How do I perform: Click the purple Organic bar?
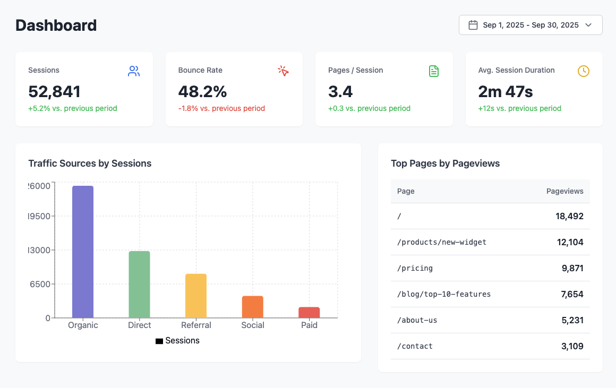[83, 252]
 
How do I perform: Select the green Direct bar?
[139, 284]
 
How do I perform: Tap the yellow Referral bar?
[196, 296]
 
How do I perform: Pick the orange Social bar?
[253, 307]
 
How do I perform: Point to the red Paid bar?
[309, 312]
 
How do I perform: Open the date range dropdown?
[531, 25]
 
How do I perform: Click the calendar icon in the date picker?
[473, 25]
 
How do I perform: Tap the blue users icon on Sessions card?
[134, 71]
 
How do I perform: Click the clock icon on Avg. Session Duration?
[584, 71]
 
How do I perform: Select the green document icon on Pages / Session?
[434, 71]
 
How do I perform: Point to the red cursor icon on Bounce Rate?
[284, 71]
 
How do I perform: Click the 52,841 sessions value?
[54, 92]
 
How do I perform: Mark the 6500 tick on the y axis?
[40, 284]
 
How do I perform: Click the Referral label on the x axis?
[196, 325]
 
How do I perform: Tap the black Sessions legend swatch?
[159, 341]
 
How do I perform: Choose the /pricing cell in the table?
[415, 268]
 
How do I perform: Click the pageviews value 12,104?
[570, 242]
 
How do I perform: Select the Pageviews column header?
[564, 191]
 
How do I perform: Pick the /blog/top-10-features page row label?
[444, 294]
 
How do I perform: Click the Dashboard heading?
[56, 25]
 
